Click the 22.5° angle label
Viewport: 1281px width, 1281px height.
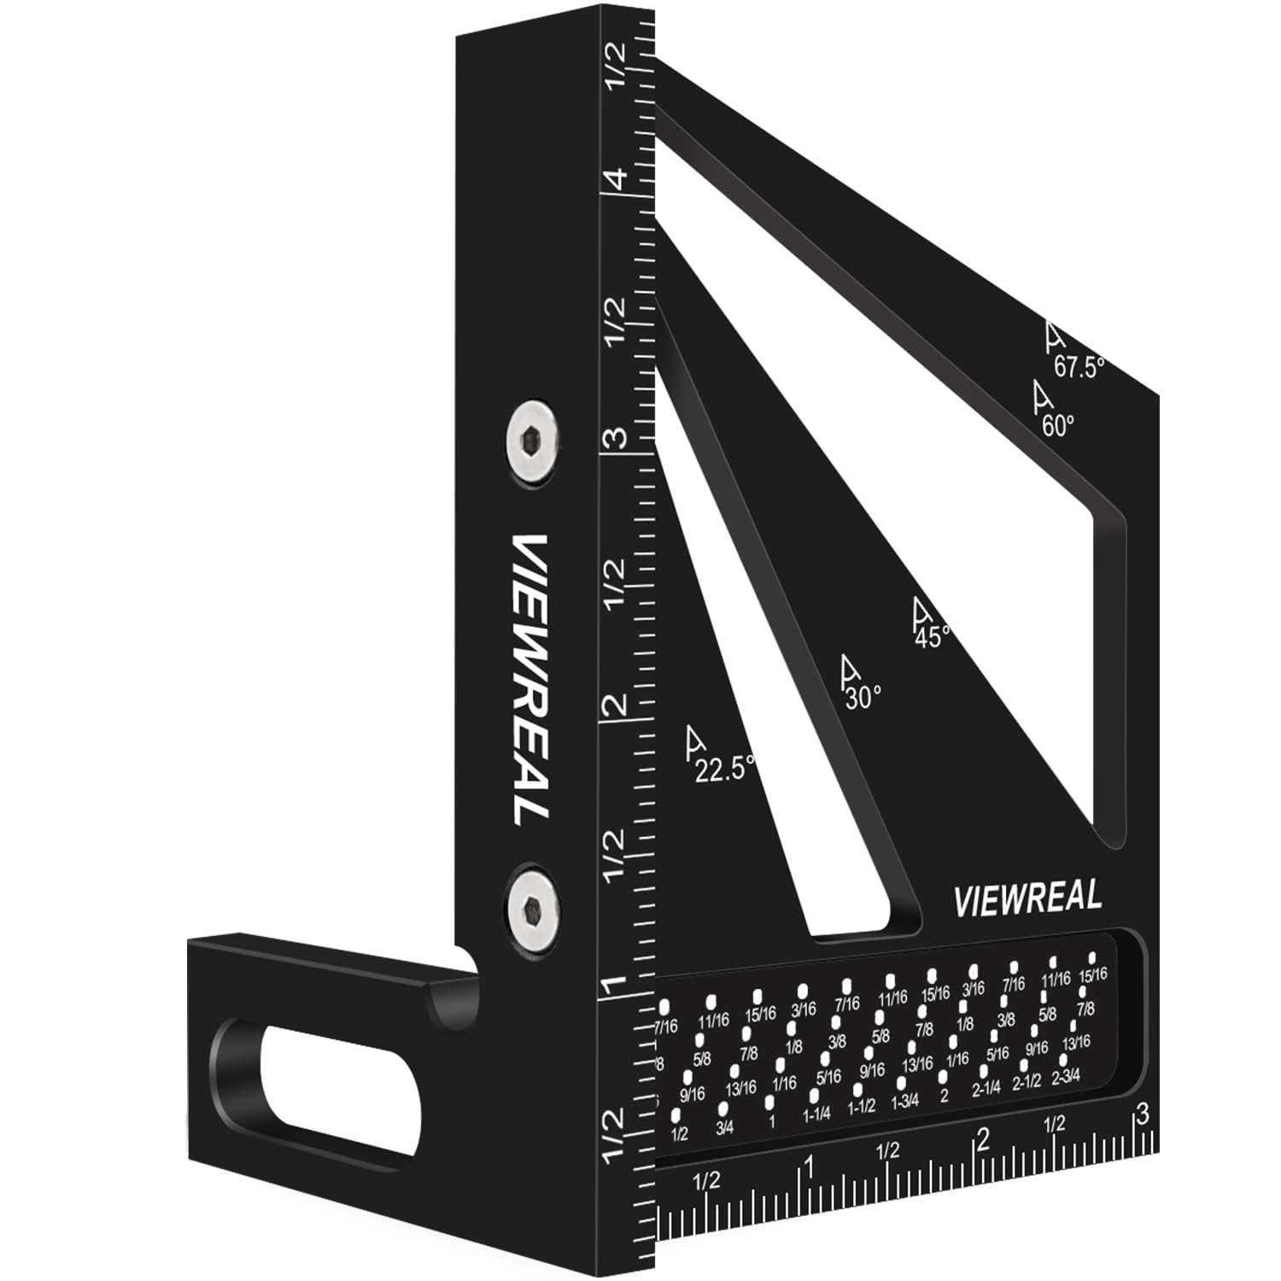pos(724,768)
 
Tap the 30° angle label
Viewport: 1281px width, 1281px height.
pos(863,697)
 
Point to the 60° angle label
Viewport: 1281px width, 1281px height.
pos(1057,424)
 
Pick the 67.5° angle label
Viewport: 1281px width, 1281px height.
pos(1079,366)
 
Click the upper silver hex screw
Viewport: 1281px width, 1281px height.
pos(530,443)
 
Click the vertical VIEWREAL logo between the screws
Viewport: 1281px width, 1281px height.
pos(530,679)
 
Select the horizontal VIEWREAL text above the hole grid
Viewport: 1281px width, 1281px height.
pos(1027,898)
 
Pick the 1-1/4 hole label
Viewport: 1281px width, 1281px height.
pos(816,1114)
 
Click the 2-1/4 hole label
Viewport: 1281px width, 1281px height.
pos(986,1089)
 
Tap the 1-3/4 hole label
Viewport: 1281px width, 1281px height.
pos(904,1101)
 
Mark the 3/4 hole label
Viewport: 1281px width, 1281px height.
pos(725,1128)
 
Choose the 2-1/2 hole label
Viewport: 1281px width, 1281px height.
pos(1027,1082)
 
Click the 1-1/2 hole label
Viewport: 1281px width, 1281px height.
pos(862,1107)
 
